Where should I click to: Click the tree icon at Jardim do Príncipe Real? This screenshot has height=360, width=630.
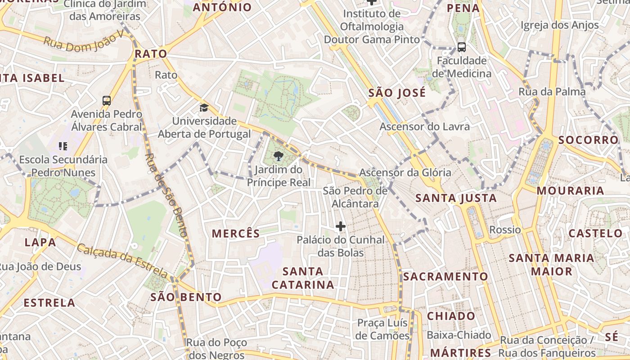pyautogui.click(x=279, y=156)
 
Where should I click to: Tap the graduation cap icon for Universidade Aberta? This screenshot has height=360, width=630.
pyautogui.click(x=204, y=108)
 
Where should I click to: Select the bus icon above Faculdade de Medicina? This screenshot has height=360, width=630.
pyautogui.click(x=461, y=47)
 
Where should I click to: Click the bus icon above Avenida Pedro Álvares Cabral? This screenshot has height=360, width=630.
pyautogui.click(x=107, y=101)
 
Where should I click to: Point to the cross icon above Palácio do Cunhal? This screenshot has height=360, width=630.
pyautogui.click(x=341, y=226)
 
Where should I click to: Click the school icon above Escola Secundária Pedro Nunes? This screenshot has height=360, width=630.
pyautogui.click(x=63, y=146)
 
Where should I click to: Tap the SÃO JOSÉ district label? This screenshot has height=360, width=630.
pyautogui.click(x=397, y=93)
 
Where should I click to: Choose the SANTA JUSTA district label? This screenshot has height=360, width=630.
pyautogui.click(x=456, y=198)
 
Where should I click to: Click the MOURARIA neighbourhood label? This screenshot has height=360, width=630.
pyautogui.click(x=570, y=191)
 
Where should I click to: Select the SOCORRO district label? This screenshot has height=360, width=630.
pyautogui.click(x=588, y=140)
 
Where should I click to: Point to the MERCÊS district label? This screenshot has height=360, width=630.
pyautogui.click(x=236, y=234)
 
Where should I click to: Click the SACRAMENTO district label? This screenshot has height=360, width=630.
pyautogui.click(x=445, y=276)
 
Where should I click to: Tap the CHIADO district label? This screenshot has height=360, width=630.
pyautogui.click(x=451, y=316)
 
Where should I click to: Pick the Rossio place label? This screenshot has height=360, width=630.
pyautogui.click(x=505, y=230)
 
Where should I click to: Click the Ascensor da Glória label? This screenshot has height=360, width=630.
pyautogui.click(x=405, y=172)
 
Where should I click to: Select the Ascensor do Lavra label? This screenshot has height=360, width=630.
pyautogui.click(x=424, y=126)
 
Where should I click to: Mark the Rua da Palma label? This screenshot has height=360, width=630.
pyautogui.click(x=552, y=92)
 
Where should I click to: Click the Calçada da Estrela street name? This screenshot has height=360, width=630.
pyautogui.click(x=122, y=260)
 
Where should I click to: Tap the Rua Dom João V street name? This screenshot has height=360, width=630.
pyautogui.click(x=83, y=43)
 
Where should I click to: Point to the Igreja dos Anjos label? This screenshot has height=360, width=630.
pyautogui.click(x=559, y=25)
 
